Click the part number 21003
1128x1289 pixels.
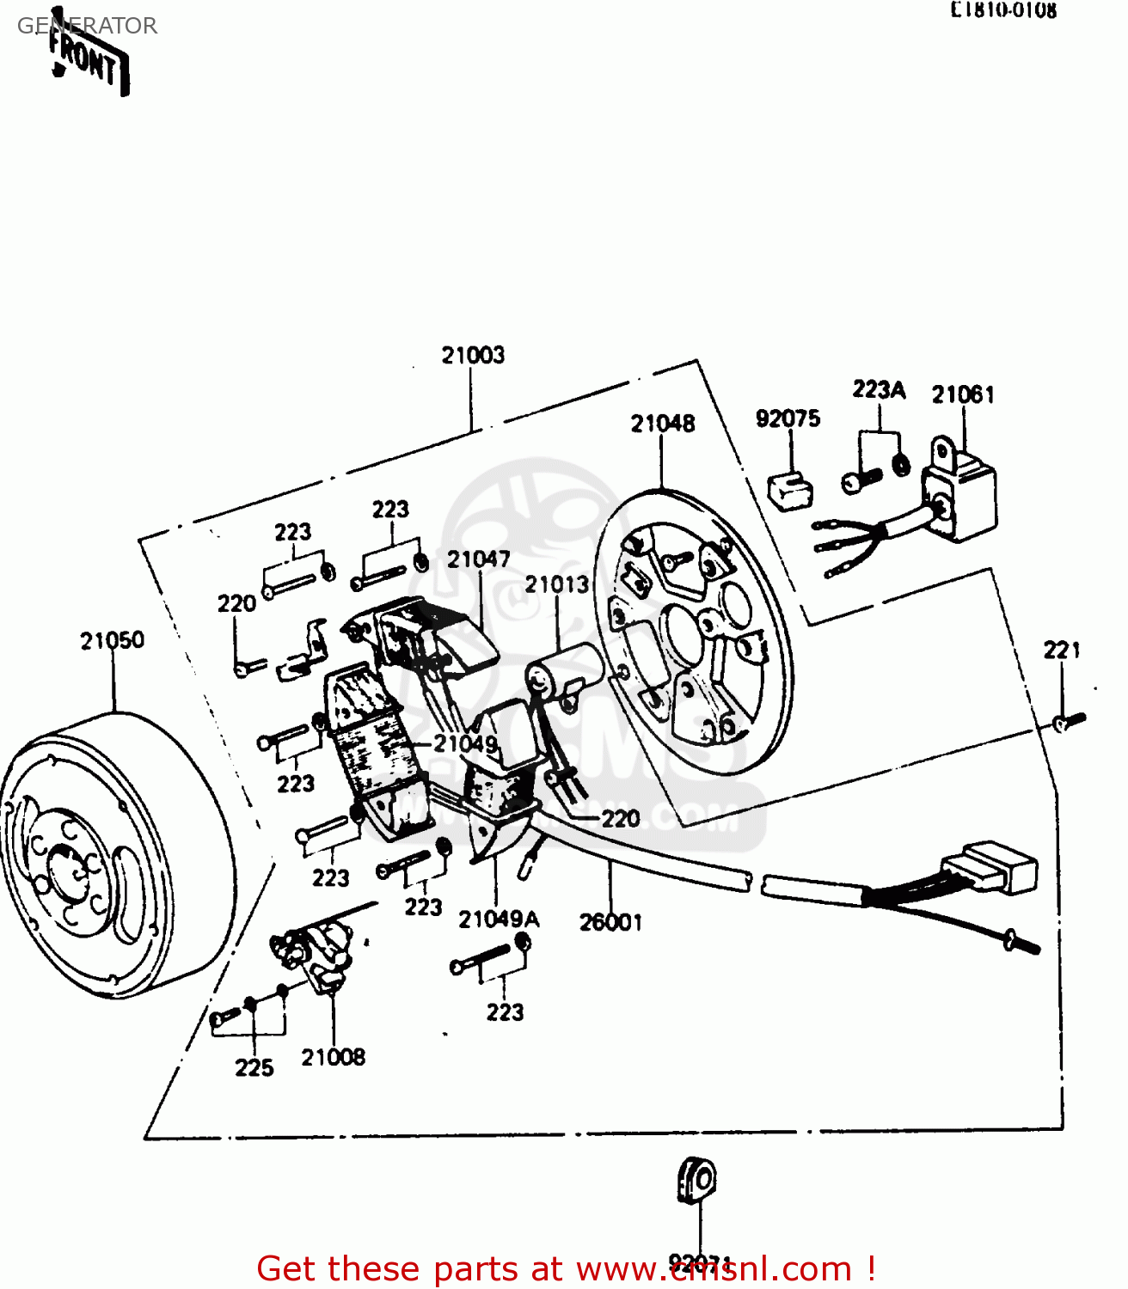point(473,355)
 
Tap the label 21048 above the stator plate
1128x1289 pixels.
point(662,423)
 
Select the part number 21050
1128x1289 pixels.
point(112,640)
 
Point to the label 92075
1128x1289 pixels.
point(788,418)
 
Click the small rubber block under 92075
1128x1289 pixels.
point(789,491)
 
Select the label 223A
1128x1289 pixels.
point(879,390)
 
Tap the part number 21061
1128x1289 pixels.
point(963,394)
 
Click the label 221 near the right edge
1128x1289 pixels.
point(1062,651)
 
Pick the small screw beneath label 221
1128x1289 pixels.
point(1069,722)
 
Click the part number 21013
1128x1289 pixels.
point(557,584)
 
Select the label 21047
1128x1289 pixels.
point(478,559)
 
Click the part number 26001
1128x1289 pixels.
point(610,922)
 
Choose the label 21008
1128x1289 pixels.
point(333,1057)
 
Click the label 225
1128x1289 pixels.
point(254,1067)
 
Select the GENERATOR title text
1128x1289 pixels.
point(87,26)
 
